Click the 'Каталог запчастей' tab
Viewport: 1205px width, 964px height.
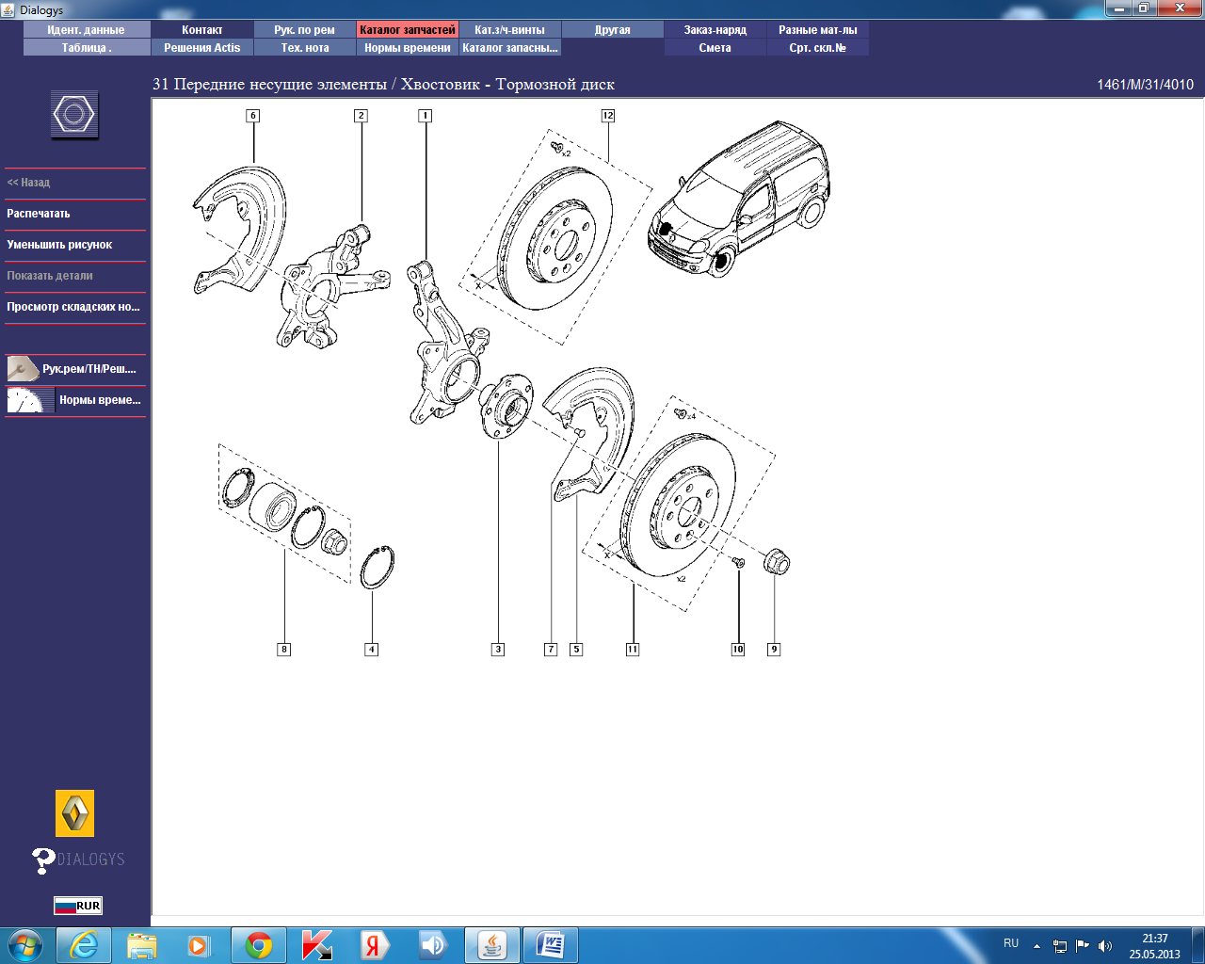[407, 30]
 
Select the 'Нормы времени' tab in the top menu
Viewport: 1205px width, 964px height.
[407, 48]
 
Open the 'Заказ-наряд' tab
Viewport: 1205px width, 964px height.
[715, 30]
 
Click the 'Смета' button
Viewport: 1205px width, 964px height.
[715, 48]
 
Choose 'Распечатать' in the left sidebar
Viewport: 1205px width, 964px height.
[38, 214]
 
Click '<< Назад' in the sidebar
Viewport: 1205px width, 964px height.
[28, 182]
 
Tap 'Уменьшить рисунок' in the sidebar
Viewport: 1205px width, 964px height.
[59, 244]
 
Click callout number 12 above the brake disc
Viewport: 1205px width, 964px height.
[607, 116]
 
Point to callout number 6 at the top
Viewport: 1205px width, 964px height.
[252, 116]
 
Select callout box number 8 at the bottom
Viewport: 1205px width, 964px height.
[284, 650]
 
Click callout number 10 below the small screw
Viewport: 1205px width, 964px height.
[737, 650]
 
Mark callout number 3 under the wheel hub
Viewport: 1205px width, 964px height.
[498, 650]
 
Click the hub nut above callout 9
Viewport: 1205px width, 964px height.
[777, 562]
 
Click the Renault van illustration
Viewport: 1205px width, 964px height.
[739, 199]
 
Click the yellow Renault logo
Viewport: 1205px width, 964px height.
[74, 812]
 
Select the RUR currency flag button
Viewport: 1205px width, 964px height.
[78, 906]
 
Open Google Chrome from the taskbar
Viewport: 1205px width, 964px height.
[259, 945]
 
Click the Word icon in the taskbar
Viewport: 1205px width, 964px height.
[550, 945]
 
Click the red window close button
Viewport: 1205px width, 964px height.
[1180, 8]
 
